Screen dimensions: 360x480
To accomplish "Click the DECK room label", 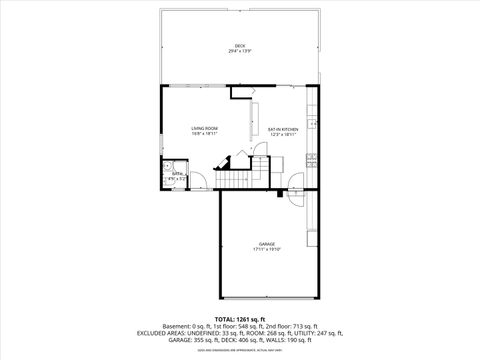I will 240,46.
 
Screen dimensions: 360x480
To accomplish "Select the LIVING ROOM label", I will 206,128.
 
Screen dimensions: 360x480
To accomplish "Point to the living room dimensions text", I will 206,134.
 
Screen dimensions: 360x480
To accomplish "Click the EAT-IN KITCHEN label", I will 283,129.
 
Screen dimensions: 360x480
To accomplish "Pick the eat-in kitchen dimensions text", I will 283,135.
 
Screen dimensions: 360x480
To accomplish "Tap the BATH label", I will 176,173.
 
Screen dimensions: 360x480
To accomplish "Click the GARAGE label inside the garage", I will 267,243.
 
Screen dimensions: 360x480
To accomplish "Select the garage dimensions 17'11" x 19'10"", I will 267,249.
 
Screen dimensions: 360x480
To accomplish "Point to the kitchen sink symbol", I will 312,123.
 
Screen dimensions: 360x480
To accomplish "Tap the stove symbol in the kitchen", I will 312,159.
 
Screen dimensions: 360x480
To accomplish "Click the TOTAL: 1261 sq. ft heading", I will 240,319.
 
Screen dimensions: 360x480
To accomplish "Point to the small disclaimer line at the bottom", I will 240,350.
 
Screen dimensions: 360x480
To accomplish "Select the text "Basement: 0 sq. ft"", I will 184,326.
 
